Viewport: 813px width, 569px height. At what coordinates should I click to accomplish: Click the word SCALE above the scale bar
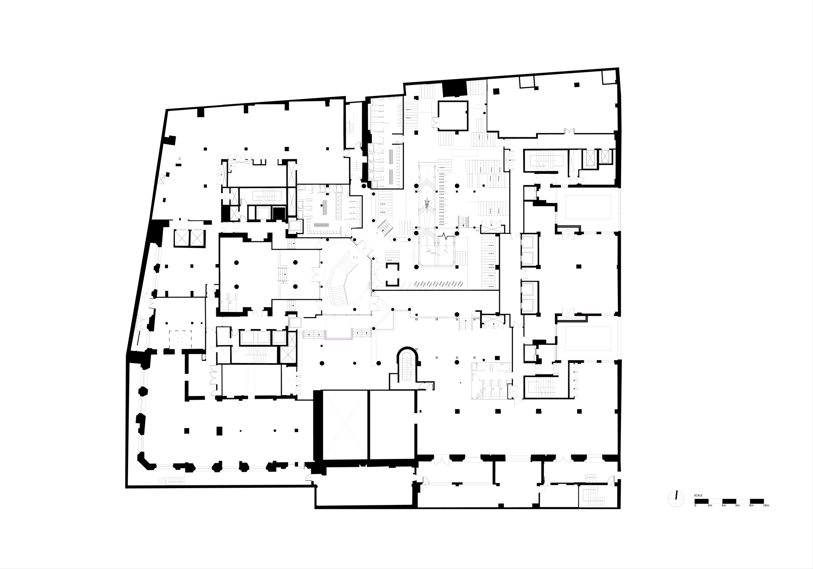(x=698, y=495)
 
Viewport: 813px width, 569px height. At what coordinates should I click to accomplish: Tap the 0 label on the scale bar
(x=695, y=505)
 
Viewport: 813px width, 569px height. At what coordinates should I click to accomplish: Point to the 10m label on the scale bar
(x=766, y=505)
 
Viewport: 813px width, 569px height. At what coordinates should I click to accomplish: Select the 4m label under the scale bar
(x=723, y=505)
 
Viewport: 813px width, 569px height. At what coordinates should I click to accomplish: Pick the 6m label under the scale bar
(x=737, y=505)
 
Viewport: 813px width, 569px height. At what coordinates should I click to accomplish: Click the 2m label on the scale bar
(x=709, y=505)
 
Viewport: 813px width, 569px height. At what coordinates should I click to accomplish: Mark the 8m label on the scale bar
(x=751, y=505)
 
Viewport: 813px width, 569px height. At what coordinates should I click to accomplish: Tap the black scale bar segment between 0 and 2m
(x=701, y=501)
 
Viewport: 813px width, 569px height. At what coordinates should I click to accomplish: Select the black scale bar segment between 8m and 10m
(x=756, y=501)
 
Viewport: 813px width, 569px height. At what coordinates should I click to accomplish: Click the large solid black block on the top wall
(x=454, y=89)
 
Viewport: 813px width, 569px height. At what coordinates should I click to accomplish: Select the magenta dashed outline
(x=339, y=335)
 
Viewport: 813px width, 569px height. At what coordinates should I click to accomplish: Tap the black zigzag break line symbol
(x=446, y=235)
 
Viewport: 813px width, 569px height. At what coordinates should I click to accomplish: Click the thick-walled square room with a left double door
(x=452, y=116)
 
